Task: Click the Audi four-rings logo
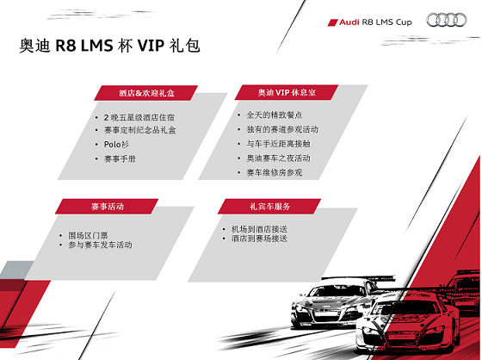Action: [447, 20]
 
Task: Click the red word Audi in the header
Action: [349, 22]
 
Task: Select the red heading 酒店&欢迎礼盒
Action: [146, 93]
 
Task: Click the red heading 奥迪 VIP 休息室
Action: [287, 92]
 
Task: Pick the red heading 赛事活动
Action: [108, 206]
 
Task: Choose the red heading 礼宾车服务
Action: [269, 206]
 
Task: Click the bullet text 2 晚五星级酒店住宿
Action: [139, 117]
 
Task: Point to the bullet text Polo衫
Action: [116, 145]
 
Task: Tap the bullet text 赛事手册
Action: [120, 158]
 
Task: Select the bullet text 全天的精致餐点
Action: [275, 115]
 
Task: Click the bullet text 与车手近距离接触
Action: [278, 144]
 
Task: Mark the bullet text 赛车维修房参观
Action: [275, 172]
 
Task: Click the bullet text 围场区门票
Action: [88, 236]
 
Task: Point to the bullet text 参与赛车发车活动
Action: [100, 245]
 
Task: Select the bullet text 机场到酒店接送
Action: [259, 229]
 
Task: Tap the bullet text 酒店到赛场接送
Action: [259, 239]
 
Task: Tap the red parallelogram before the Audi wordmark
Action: [332, 22]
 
